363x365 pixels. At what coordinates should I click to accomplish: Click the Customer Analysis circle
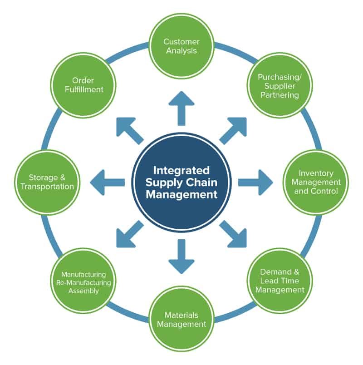click(x=181, y=46)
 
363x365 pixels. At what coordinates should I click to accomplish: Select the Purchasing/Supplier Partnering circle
click(x=279, y=86)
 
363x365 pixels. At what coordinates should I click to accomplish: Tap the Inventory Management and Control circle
click(x=316, y=182)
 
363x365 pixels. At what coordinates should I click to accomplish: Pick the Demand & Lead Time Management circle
click(x=279, y=281)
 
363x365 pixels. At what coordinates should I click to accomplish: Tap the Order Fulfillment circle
click(x=83, y=84)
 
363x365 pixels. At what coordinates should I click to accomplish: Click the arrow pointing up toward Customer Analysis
click(x=181, y=107)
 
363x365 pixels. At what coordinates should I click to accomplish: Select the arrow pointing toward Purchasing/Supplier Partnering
click(x=234, y=129)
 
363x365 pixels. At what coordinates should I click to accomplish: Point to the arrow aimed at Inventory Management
click(x=255, y=182)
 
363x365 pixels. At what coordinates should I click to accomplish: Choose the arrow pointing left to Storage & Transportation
click(x=107, y=182)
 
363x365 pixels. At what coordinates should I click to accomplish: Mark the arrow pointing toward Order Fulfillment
click(x=129, y=129)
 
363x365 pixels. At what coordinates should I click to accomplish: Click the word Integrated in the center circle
click(x=181, y=171)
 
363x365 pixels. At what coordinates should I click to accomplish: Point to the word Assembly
click(x=83, y=291)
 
